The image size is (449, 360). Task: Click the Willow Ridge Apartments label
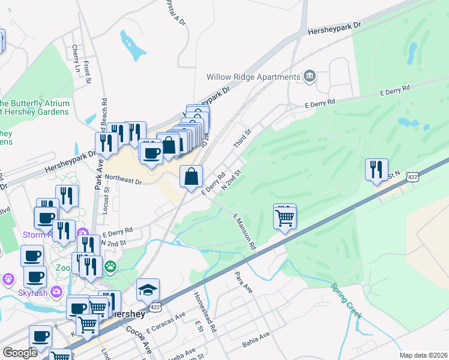tap(253, 77)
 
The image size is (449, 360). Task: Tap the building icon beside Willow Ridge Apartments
tap(310, 76)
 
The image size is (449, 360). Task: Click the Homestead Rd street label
tap(205, 313)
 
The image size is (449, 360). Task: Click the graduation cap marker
tap(148, 290)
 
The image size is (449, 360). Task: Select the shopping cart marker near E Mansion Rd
tap(285, 218)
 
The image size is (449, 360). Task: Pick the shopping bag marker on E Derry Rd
tap(191, 176)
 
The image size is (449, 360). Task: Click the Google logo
tap(20, 353)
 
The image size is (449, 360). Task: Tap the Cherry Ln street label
tap(76, 59)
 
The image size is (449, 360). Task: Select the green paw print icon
tap(111, 265)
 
